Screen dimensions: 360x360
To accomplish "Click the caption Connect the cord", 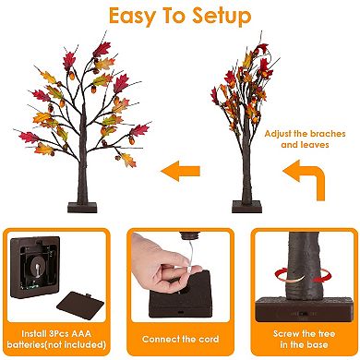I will point(179,340).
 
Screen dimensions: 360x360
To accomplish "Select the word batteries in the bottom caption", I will point(36,346).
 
